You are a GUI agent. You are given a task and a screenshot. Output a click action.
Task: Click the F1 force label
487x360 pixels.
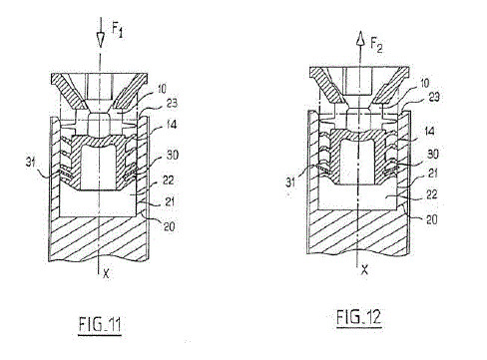tap(118, 30)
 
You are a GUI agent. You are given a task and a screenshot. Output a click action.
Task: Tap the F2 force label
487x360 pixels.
tap(376, 46)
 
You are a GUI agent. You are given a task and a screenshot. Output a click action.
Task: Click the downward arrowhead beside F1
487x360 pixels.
tap(100, 39)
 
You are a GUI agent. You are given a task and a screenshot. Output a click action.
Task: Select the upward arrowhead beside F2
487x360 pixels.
tap(359, 38)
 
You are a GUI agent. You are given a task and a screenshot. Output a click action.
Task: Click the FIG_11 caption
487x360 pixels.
tap(100, 325)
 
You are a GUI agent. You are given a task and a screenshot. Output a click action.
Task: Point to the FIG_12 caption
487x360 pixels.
tap(358, 317)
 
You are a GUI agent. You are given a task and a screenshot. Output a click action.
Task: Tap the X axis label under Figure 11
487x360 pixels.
tap(106, 274)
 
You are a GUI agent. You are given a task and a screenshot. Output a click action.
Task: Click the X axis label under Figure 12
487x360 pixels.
tap(365, 269)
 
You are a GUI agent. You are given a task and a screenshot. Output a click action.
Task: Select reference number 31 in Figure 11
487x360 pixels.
tap(31, 164)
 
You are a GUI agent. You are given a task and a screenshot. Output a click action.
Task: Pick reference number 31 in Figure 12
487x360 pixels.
tap(290, 182)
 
